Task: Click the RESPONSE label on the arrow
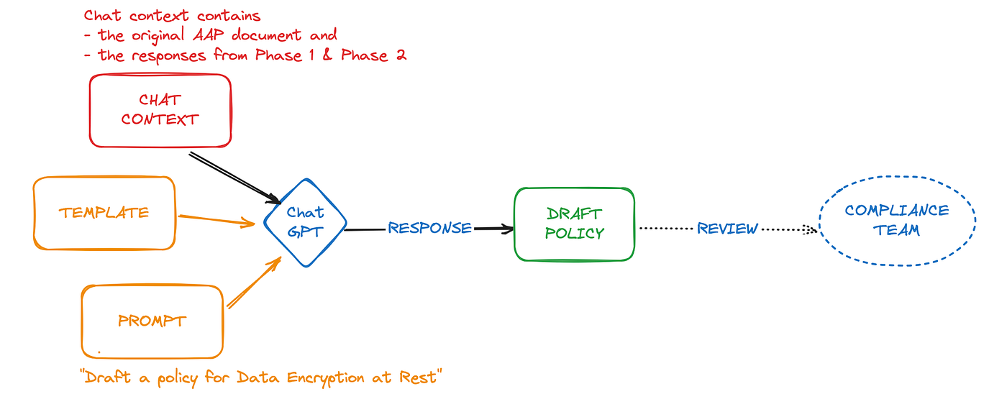pyautogui.click(x=430, y=228)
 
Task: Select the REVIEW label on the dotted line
pyautogui.click(x=727, y=229)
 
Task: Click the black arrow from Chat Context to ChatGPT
pyautogui.click(x=234, y=178)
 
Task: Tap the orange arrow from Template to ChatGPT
pyautogui.click(x=217, y=220)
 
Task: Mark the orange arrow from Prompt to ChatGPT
pyautogui.click(x=254, y=283)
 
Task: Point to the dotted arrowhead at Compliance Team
pyautogui.click(x=811, y=230)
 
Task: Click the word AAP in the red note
pyautogui.click(x=208, y=35)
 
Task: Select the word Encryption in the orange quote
pyautogui.click(x=325, y=378)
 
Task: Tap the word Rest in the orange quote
pyautogui.click(x=418, y=377)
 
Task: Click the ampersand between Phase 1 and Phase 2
pyautogui.click(x=327, y=55)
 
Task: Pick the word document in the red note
pyautogui.click(x=267, y=35)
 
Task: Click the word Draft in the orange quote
pyautogui.click(x=108, y=377)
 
